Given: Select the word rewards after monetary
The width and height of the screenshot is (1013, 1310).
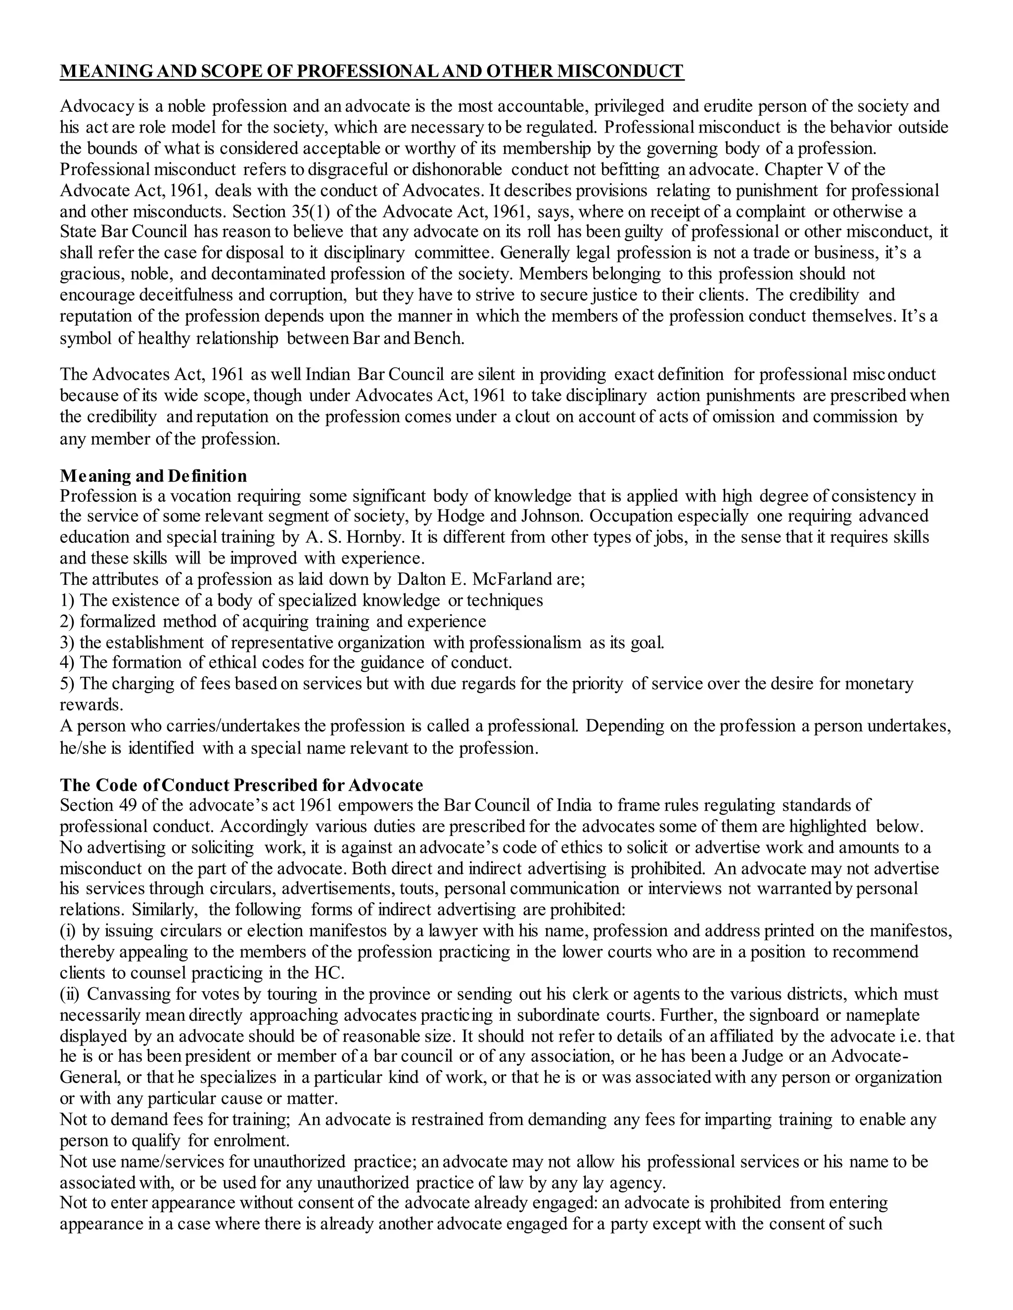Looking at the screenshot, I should coord(90,705).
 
